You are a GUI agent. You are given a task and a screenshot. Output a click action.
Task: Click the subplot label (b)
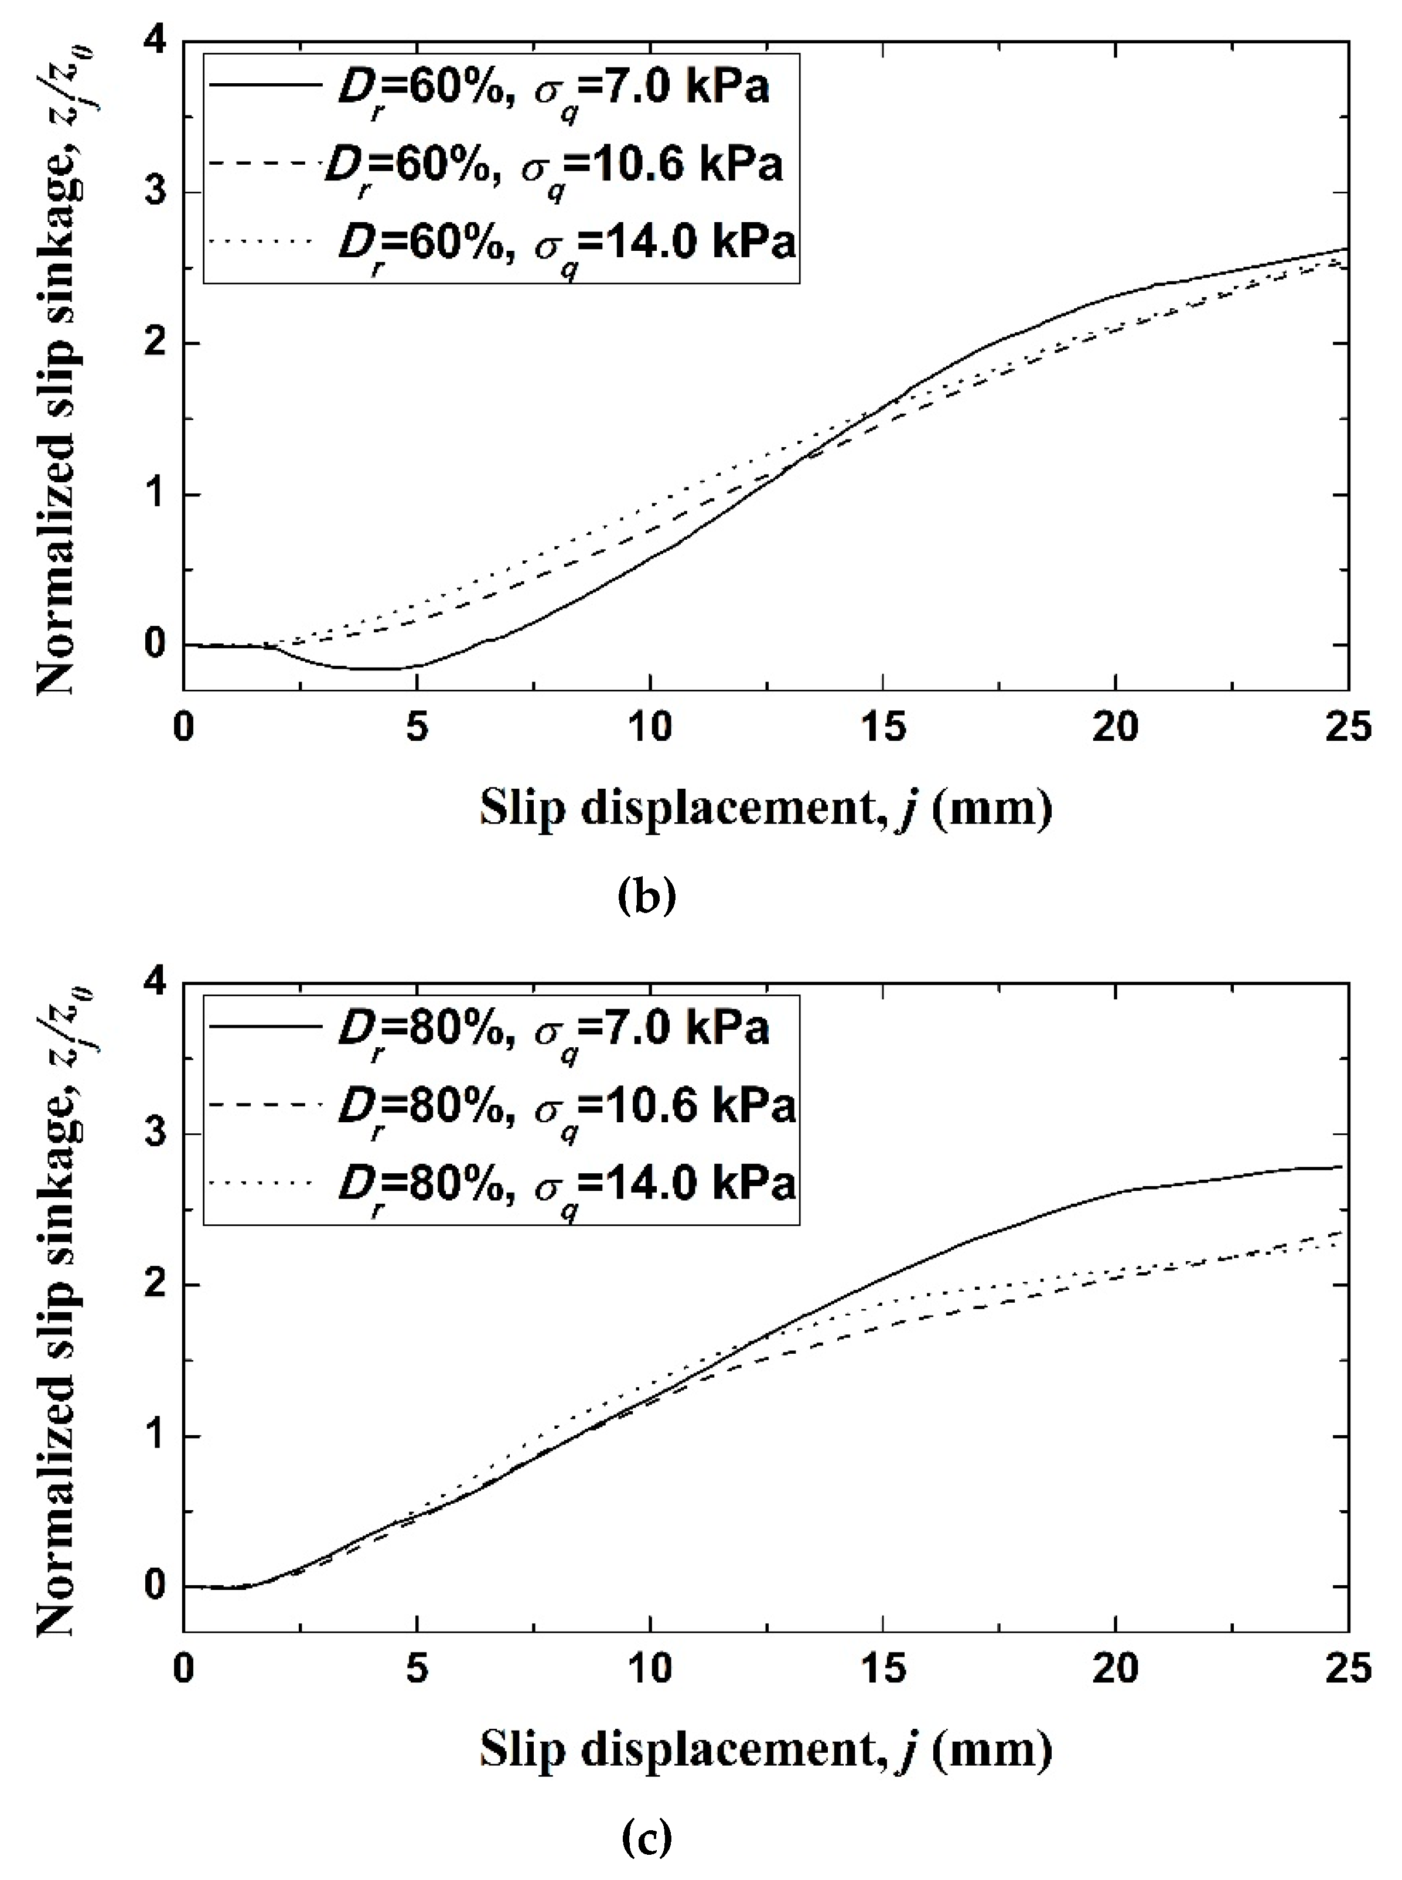(647, 895)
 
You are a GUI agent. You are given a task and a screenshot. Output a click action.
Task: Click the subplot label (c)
(647, 1836)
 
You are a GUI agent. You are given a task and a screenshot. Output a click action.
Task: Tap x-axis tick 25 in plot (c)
(1347, 1670)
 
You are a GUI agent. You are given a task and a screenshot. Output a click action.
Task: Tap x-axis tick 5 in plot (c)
(416, 1670)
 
